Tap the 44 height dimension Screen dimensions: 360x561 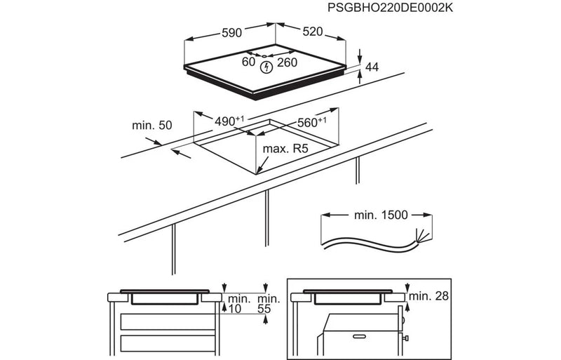tap(372, 67)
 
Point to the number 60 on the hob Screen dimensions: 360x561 tap(248, 62)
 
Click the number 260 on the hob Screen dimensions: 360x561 tap(287, 62)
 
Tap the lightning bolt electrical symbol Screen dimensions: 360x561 tap(266, 67)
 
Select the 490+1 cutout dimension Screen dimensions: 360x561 tap(229, 121)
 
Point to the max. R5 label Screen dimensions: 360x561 tap(285, 149)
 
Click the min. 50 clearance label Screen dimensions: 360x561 tap(151, 126)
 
